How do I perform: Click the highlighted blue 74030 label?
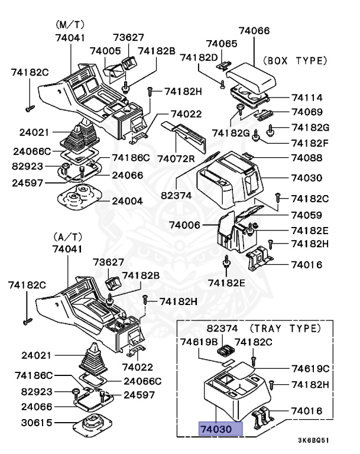(x=220, y=429)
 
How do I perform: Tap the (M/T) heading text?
(x=70, y=25)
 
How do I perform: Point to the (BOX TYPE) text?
(x=294, y=60)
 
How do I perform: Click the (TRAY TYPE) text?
(x=278, y=327)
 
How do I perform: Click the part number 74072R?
(x=175, y=159)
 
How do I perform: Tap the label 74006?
(x=184, y=225)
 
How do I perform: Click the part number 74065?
(x=222, y=44)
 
